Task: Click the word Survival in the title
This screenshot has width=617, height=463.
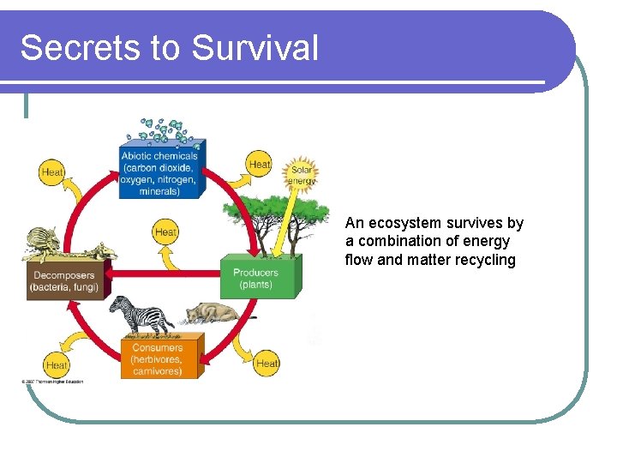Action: click(255, 47)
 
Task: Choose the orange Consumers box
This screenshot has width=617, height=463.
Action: click(157, 359)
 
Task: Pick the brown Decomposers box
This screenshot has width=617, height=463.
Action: click(64, 280)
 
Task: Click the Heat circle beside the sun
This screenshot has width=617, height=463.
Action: click(259, 164)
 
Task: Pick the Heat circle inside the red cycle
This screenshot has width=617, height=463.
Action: click(165, 231)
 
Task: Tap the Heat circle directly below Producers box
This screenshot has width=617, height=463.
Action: click(267, 363)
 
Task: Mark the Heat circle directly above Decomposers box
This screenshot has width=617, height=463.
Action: click(52, 172)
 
